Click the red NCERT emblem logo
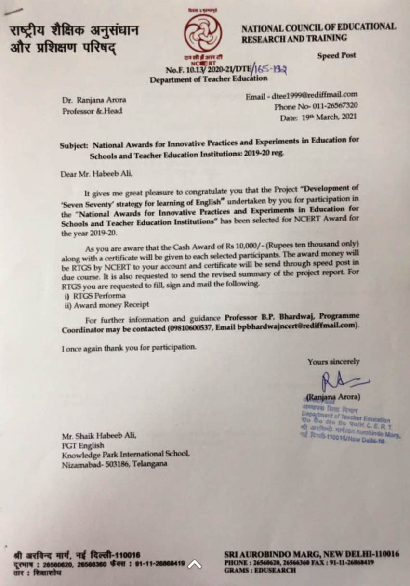(201, 33)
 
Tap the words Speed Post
(336, 55)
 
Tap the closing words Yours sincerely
(333, 362)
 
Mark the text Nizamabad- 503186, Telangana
(114, 465)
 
